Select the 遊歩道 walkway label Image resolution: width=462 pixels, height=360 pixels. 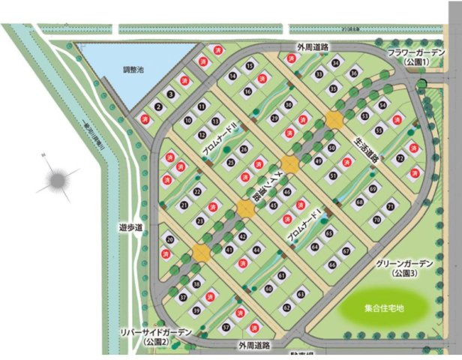(130, 225)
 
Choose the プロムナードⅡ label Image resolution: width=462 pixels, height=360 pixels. (218, 141)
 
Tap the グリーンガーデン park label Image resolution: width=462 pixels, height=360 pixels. (404, 268)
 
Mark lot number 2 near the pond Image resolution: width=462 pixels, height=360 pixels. (157, 106)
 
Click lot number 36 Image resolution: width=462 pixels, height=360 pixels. (354, 73)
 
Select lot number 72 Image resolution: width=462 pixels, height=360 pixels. (400, 157)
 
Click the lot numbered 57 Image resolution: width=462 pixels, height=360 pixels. (225, 328)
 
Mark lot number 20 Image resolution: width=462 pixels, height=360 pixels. (170, 240)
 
